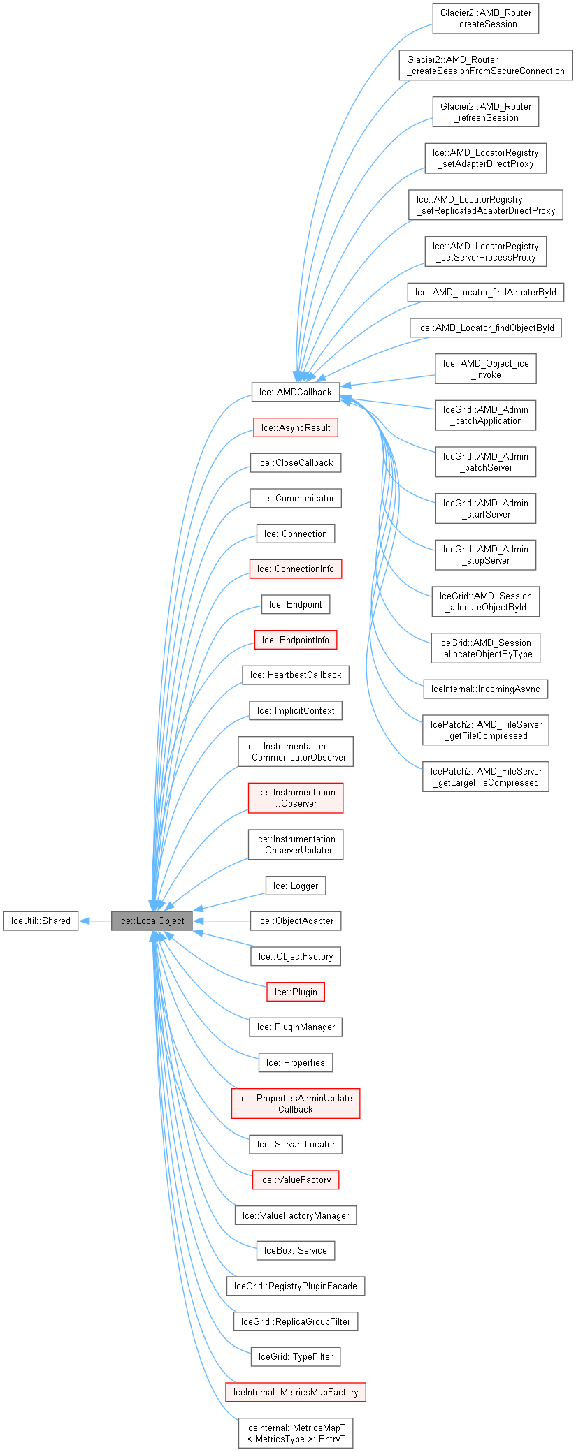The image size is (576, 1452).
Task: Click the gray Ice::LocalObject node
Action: tap(151, 921)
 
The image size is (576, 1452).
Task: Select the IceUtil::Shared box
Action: tap(41, 921)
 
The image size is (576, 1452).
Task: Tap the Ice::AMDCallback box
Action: tap(295, 392)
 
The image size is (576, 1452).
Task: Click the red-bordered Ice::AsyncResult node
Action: tap(295, 427)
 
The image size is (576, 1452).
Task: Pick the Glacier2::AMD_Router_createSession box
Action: tap(486, 19)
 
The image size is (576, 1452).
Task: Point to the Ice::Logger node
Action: tap(295, 886)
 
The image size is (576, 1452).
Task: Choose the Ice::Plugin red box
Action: tap(295, 992)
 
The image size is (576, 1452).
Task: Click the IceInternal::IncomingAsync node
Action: tap(485, 689)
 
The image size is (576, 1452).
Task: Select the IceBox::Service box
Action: tap(295, 1250)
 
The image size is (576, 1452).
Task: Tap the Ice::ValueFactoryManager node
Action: tap(295, 1215)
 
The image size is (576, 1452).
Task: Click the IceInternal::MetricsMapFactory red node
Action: tap(295, 1392)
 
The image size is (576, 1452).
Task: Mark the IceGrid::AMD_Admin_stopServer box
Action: tap(485, 555)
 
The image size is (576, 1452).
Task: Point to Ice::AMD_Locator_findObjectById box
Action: tap(486, 328)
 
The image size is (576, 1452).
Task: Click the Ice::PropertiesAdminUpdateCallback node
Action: tap(295, 1103)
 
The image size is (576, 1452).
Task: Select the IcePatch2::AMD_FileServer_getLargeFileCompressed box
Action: tap(486, 777)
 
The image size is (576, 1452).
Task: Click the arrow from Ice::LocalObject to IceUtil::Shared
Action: tap(95, 921)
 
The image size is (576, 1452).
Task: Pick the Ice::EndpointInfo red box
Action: tap(295, 640)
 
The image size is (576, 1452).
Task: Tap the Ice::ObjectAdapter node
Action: tap(295, 921)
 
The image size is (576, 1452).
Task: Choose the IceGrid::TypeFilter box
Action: tap(295, 1356)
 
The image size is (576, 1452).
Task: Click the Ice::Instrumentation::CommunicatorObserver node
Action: tap(295, 751)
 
